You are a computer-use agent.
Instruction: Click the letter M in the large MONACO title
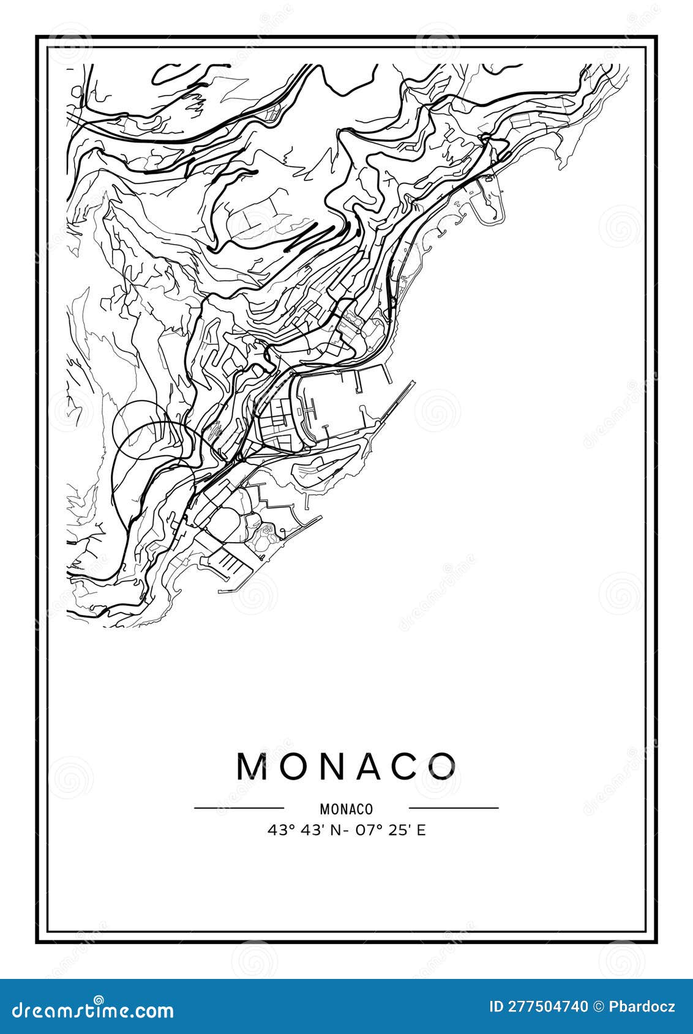coord(253,765)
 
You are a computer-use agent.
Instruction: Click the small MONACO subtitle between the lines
coord(346,809)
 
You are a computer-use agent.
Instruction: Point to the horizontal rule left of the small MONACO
coord(239,808)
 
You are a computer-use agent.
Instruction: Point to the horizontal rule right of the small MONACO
coord(454,808)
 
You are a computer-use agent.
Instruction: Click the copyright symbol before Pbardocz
coord(599,1006)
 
